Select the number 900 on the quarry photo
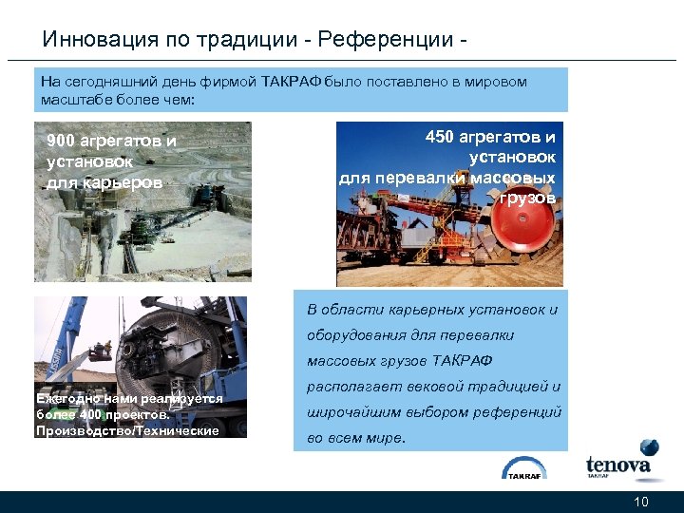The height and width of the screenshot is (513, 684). pos(62,142)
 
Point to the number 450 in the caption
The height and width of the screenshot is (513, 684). pos(440,138)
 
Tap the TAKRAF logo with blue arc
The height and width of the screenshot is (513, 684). pos(523,468)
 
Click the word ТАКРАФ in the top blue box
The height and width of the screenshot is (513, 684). pos(292,82)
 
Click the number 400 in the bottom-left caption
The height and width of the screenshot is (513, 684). pos(93,415)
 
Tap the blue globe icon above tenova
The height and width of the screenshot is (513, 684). pos(649,447)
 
